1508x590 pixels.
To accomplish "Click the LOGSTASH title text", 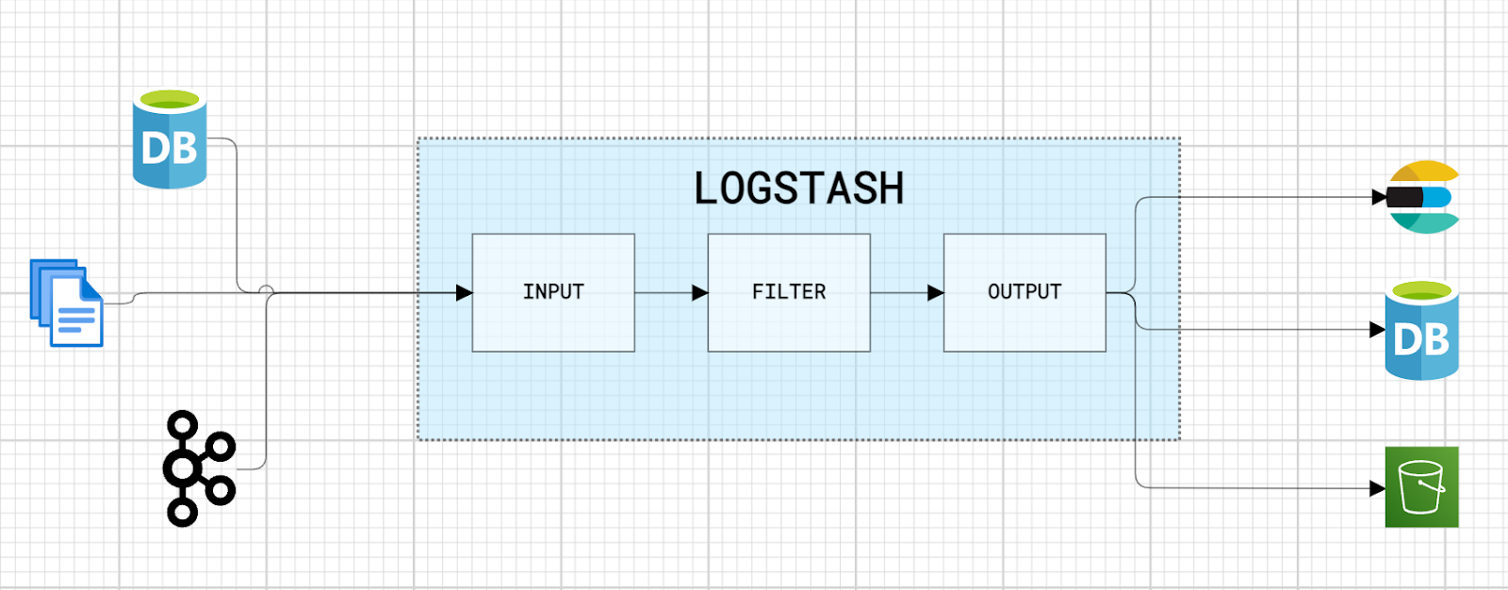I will pyautogui.click(x=799, y=188).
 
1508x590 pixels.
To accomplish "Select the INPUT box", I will pyautogui.click(x=553, y=292).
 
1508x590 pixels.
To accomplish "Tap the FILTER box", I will pyautogui.click(x=789, y=292).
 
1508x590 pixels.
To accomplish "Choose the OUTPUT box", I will pyautogui.click(x=1024, y=292).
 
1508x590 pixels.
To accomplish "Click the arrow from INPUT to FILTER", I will pyautogui.click(x=671, y=293).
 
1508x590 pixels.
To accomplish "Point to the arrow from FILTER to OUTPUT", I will pyautogui.click(x=907, y=293).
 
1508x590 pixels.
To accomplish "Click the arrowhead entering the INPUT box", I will pyautogui.click(x=464, y=293).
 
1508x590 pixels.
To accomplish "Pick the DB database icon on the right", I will pyautogui.click(x=1421, y=331).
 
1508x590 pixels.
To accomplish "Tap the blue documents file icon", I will pyautogui.click(x=67, y=303).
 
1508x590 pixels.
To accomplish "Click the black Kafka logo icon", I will pyautogui.click(x=198, y=468).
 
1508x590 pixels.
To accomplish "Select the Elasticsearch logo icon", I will pyautogui.click(x=1424, y=197).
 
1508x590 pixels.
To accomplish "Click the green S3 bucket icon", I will pyautogui.click(x=1421, y=486).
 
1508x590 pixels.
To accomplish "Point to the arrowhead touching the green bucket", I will pyautogui.click(x=1377, y=488).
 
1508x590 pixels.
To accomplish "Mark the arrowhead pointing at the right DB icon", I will pyautogui.click(x=1377, y=330).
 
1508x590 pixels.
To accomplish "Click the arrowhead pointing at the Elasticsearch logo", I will pyautogui.click(x=1380, y=197).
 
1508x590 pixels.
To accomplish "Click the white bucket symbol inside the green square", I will pyautogui.click(x=1421, y=486).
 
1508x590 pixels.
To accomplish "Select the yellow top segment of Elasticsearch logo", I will pyautogui.click(x=1425, y=172).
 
